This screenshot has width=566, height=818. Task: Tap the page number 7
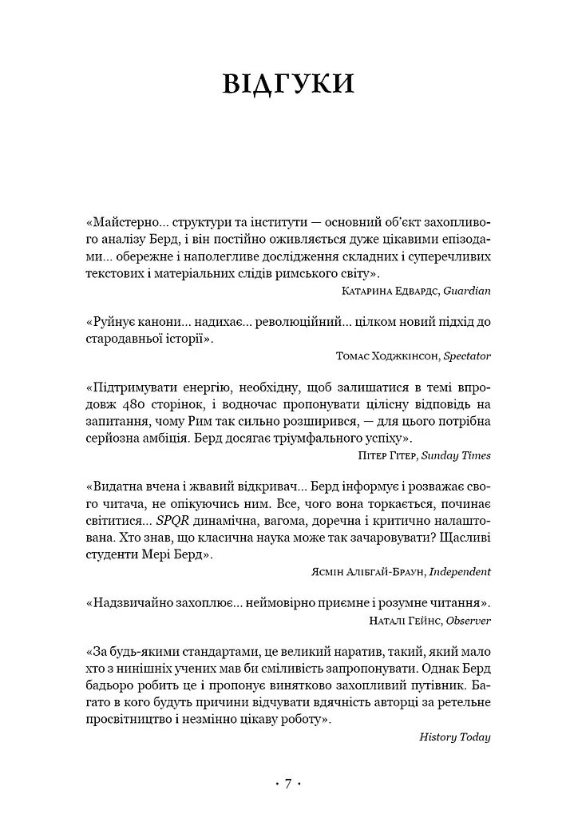287,784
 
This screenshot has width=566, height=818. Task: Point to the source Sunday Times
456,455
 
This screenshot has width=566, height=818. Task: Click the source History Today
454,737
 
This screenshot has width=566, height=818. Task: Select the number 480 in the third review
132,405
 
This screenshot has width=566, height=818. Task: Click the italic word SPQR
170,521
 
